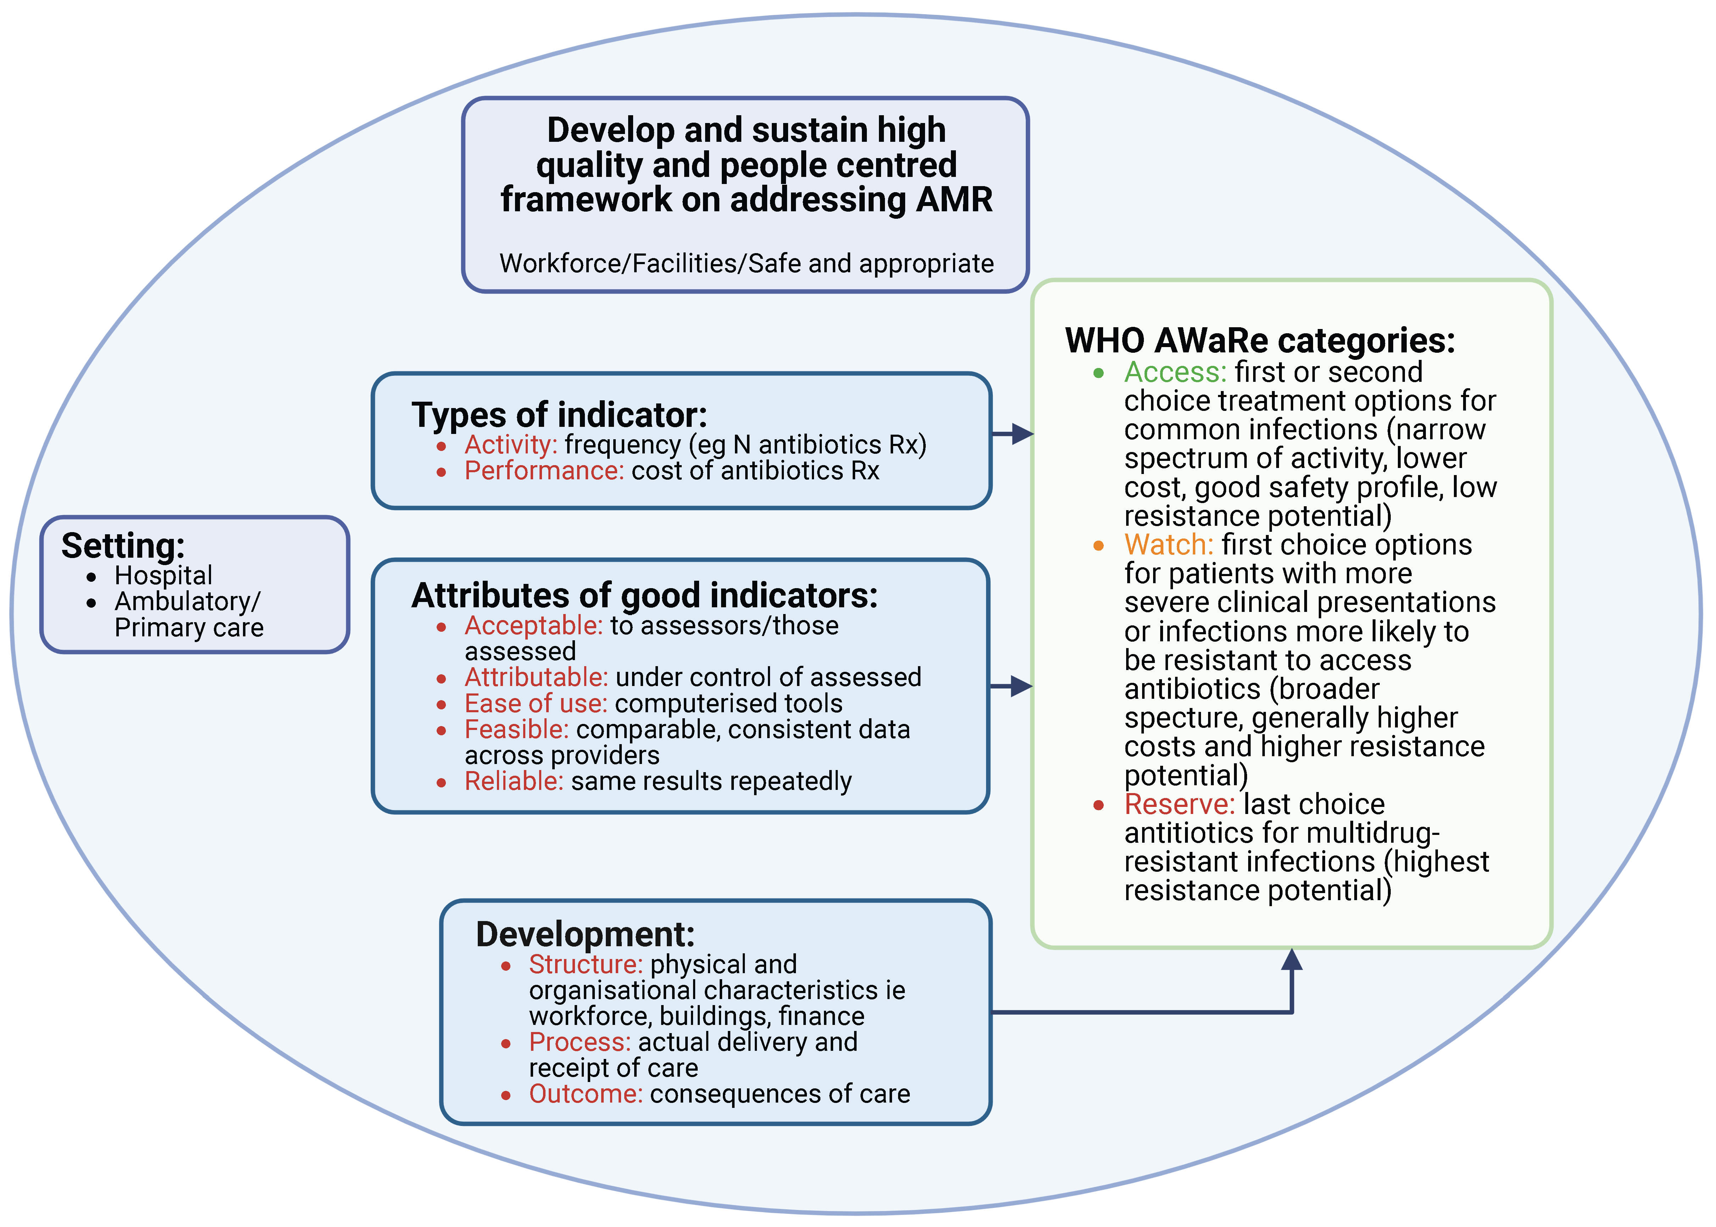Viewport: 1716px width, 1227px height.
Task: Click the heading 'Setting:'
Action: click(x=123, y=546)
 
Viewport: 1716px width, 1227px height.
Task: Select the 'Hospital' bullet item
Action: click(x=163, y=576)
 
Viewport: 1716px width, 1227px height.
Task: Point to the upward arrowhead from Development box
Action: click(x=1292, y=960)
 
